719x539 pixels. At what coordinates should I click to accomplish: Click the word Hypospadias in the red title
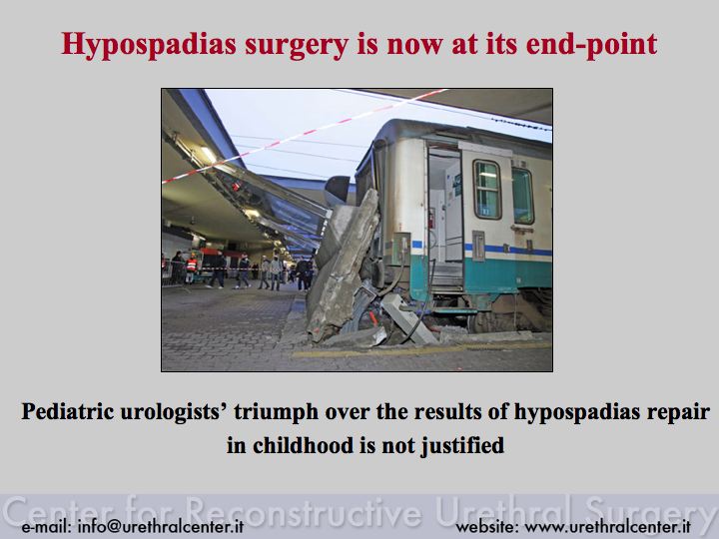tap(149, 45)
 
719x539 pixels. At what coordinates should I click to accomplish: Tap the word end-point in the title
tap(591, 45)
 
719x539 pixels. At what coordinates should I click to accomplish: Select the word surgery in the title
tap(297, 46)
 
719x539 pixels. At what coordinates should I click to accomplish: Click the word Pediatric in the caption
tap(68, 411)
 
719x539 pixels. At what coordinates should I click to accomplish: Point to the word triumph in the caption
tap(276, 412)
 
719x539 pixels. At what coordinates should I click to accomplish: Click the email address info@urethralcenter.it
tap(161, 526)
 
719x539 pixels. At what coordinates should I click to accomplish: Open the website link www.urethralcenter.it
tap(607, 526)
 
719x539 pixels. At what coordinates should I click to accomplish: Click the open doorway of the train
tap(444, 216)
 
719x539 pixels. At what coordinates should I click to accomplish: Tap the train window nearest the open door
tap(487, 189)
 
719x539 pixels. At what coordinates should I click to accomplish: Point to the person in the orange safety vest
tap(191, 268)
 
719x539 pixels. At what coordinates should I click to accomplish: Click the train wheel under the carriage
tap(486, 320)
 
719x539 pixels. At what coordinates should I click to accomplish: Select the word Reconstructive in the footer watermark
tap(305, 511)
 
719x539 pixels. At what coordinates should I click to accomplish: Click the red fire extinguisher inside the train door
tap(431, 219)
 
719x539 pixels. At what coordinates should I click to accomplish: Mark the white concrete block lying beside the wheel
tap(408, 319)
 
